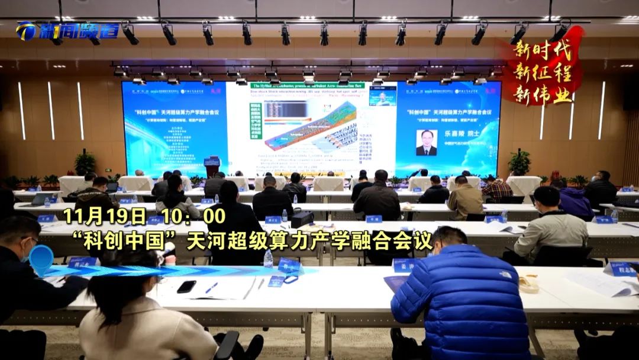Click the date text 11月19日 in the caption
pos(104,215)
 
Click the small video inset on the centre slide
pos(382,95)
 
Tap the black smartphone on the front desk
pos(186,287)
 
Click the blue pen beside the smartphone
pos(211,288)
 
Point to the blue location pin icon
pos(41,259)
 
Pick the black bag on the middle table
pos(302,218)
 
